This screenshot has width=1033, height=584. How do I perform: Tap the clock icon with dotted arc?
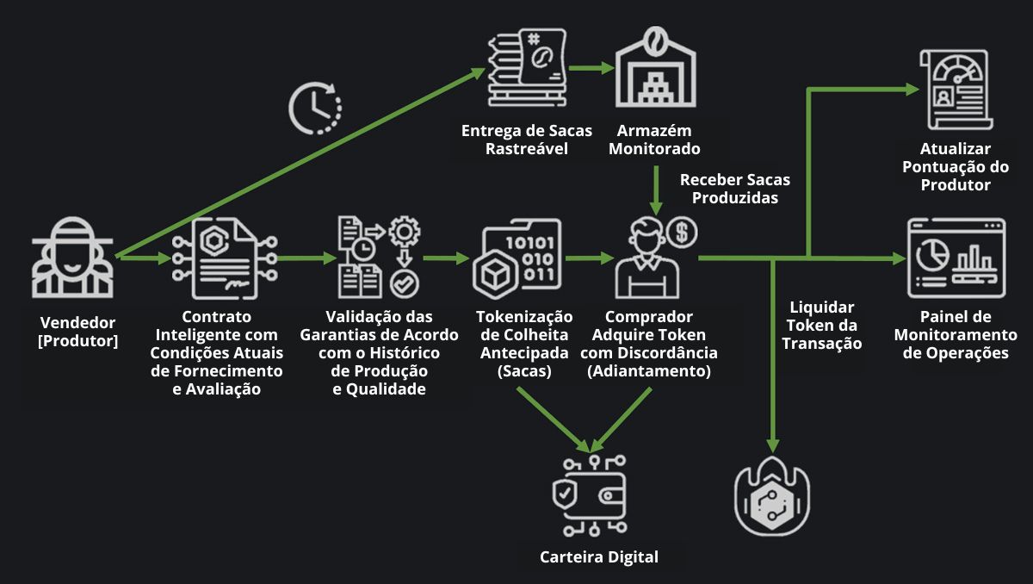coord(314,109)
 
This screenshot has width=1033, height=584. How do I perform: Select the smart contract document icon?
coord(224,258)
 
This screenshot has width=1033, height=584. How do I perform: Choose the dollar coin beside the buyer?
coord(682,231)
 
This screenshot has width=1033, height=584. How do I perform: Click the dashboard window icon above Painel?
coord(956,258)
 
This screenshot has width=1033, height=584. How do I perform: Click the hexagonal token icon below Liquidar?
coord(772,494)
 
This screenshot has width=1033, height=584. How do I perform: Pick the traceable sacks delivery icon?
coord(525,69)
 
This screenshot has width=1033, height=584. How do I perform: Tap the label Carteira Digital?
coord(599,556)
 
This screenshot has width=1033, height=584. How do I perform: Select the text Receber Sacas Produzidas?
coord(734,189)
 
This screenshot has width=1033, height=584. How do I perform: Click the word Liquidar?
coord(822,308)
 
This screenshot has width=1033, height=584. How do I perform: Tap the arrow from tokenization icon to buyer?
coord(588,258)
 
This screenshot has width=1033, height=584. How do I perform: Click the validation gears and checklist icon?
coord(374,258)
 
